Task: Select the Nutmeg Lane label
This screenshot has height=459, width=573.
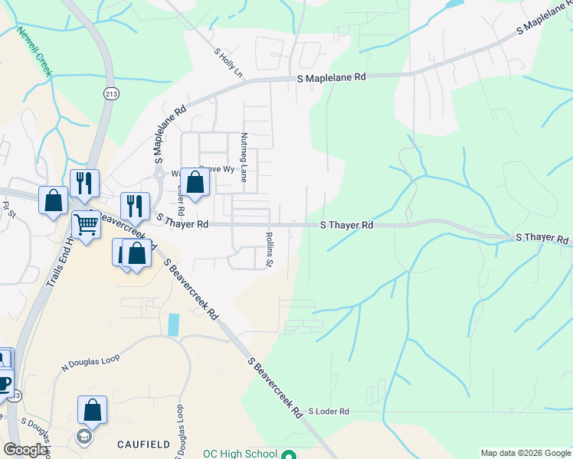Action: pos(244,157)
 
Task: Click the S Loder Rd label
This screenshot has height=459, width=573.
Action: pos(329,411)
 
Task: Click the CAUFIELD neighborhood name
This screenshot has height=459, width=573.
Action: pos(143,444)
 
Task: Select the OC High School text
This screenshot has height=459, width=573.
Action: pos(240,454)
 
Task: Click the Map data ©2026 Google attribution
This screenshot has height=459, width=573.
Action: pos(526,453)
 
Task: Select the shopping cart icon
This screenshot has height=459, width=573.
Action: pos(86,225)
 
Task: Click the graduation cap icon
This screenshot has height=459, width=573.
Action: pos(83,437)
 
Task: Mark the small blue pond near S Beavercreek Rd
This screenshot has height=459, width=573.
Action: pos(173,324)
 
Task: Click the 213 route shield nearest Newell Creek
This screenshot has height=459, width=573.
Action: pos(111,93)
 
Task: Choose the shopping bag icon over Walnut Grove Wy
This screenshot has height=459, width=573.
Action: pos(195,182)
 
